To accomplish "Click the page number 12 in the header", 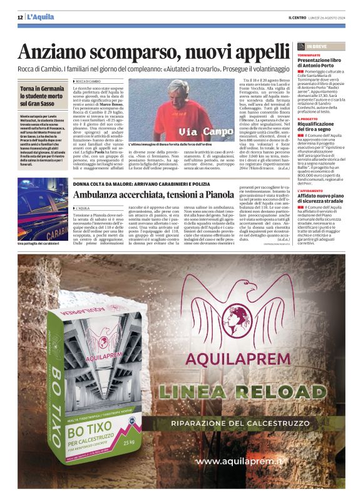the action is tap(20, 16).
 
